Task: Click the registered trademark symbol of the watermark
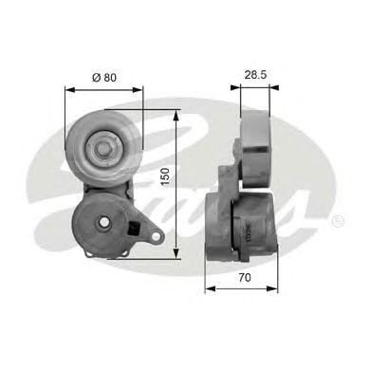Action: pyautogui.click(x=340, y=221)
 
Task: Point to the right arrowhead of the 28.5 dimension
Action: pyautogui.click(x=269, y=87)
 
